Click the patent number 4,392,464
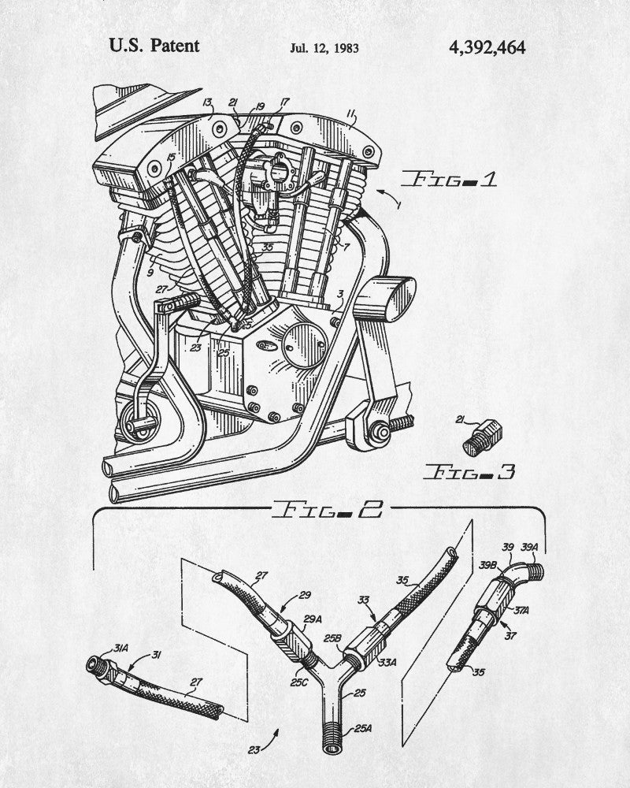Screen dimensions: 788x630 pyautogui.click(x=486, y=46)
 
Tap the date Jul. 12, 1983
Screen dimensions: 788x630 pyautogui.click(x=324, y=48)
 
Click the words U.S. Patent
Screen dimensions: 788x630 pyautogui.click(x=154, y=46)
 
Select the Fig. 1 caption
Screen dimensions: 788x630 pyautogui.click(x=451, y=180)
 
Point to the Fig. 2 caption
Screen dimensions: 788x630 pyautogui.click(x=326, y=510)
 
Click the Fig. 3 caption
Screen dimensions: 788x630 pyautogui.click(x=470, y=472)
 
